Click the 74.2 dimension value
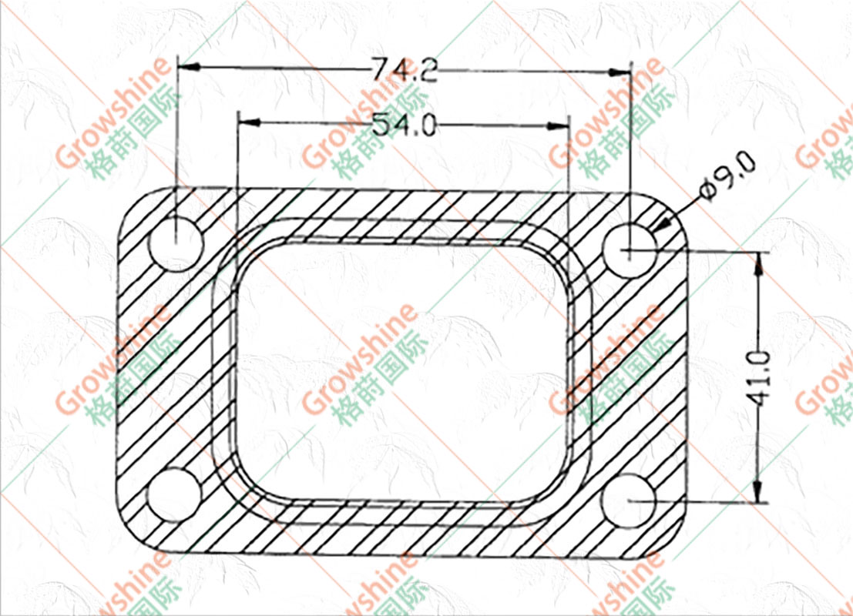404,69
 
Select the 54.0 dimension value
405,126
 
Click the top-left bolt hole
176,243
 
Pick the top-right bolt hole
630,249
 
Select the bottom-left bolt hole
175,494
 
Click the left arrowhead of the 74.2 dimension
189,67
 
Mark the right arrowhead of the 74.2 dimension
619,72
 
